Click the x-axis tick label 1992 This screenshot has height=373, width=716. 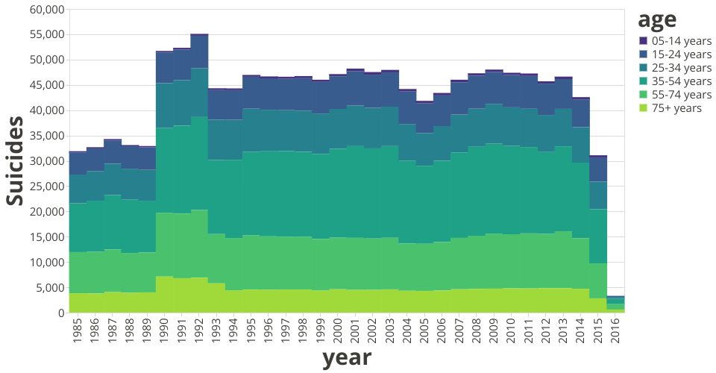point(200,330)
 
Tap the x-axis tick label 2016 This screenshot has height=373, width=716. point(615,330)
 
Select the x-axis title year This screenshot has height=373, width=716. point(347,358)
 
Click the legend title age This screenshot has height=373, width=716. point(656,20)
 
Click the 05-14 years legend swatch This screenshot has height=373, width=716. point(644,41)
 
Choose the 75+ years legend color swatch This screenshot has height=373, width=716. point(644,108)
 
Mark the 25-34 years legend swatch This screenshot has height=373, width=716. point(644,68)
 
